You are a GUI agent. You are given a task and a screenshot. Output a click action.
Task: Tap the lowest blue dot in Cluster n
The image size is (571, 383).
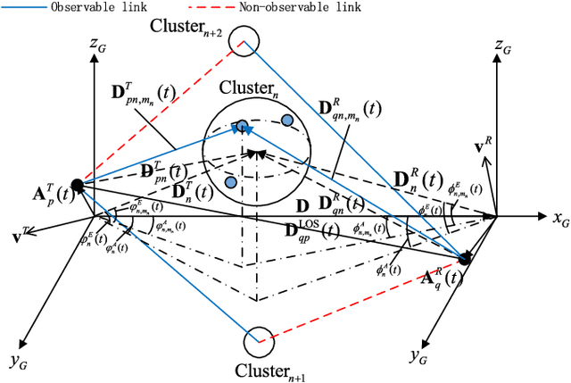coord(231,183)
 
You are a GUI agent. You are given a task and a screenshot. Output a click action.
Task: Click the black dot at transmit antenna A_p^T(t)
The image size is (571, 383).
coord(78,185)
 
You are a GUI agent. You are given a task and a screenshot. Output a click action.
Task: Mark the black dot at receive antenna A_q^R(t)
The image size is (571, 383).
coord(465,259)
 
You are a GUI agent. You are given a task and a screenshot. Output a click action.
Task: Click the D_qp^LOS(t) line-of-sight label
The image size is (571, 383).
coord(310,230)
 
